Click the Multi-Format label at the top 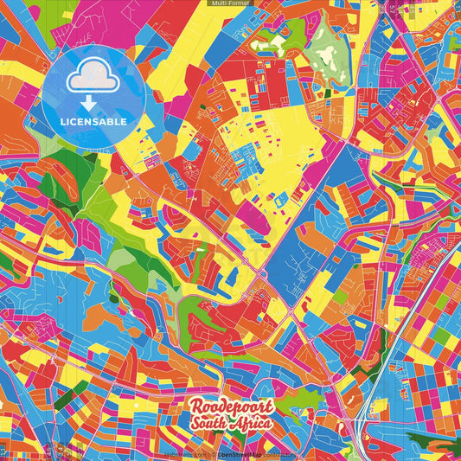pyautogui.click(x=230, y=3)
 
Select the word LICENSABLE pyautogui.click(x=93, y=122)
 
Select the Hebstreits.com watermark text pyautogui.click(x=184, y=454)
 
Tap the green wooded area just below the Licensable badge pyautogui.click(x=61, y=173)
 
